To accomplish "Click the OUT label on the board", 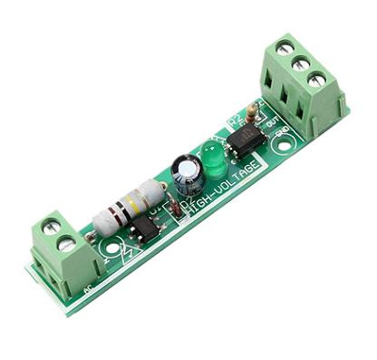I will [x=266, y=119].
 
